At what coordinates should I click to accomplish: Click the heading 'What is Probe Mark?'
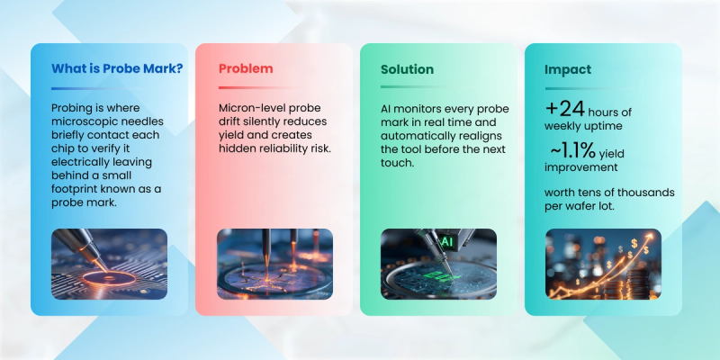[x=107, y=69]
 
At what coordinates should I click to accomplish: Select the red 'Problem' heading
[x=246, y=69]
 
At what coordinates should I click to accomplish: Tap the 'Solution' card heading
[x=407, y=69]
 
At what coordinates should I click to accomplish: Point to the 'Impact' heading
[x=568, y=69]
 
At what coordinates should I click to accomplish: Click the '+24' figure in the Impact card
[x=565, y=109]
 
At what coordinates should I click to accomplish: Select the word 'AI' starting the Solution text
[x=388, y=109]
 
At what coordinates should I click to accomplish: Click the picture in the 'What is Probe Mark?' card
[x=109, y=261]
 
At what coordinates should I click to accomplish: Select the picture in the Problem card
[x=274, y=261]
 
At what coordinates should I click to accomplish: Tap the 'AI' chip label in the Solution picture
[x=445, y=241]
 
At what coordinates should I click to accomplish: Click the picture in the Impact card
[x=602, y=261]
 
